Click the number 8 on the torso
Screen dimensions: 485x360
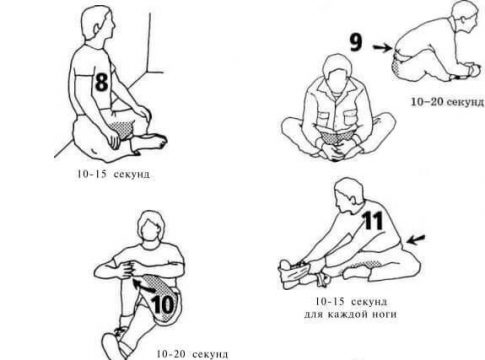(101, 82)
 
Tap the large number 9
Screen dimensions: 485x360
(356, 43)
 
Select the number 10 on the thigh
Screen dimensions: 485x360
(163, 304)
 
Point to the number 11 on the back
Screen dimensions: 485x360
(373, 220)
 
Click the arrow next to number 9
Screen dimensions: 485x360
(383, 48)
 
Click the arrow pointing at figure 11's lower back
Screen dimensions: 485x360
(416, 239)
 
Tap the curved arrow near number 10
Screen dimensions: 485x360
(143, 285)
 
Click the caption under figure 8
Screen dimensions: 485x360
(113, 174)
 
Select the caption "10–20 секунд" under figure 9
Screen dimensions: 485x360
(447, 102)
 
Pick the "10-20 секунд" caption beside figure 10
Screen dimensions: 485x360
(192, 354)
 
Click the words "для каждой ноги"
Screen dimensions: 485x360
(350, 314)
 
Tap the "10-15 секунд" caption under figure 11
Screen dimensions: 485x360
(351, 301)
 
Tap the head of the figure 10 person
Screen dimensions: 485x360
(152, 230)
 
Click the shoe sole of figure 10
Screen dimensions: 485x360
(112, 347)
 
